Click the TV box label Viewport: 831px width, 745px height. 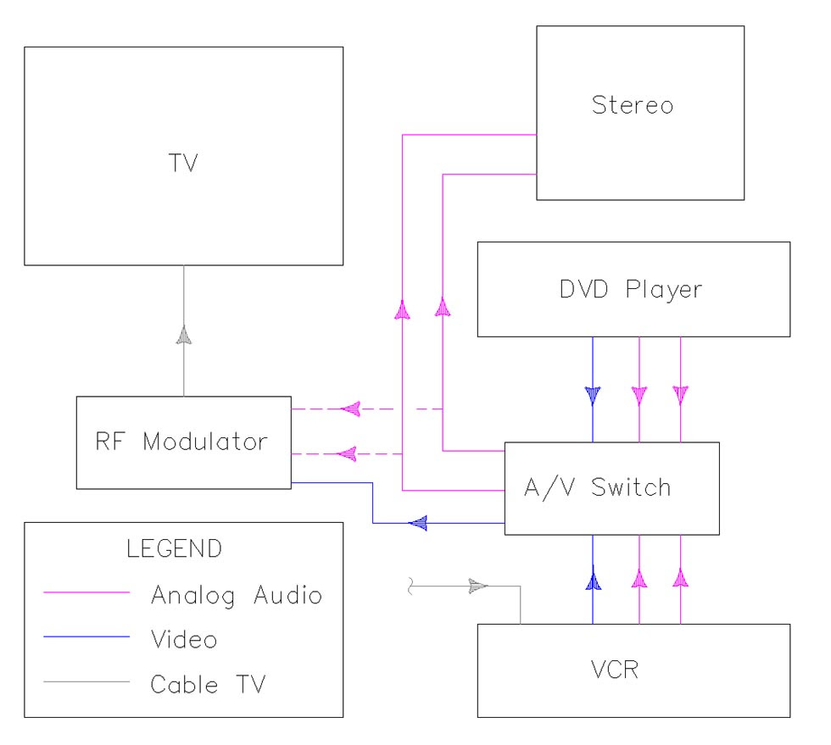click(182, 164)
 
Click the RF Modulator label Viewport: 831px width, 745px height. click(183, 442)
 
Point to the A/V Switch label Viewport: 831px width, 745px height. click(598, 487)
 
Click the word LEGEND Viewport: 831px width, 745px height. click(174, 548)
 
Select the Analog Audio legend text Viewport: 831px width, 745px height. click(237, 594)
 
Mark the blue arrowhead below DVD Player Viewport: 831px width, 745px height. click(593, 395)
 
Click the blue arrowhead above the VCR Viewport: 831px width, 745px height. click(593, 581)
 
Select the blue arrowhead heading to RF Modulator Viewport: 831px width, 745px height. click(417, 523)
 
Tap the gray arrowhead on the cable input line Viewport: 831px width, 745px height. click(479, 586)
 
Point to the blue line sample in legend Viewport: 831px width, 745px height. click(86, 637)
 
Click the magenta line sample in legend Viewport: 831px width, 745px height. click(86, 594)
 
